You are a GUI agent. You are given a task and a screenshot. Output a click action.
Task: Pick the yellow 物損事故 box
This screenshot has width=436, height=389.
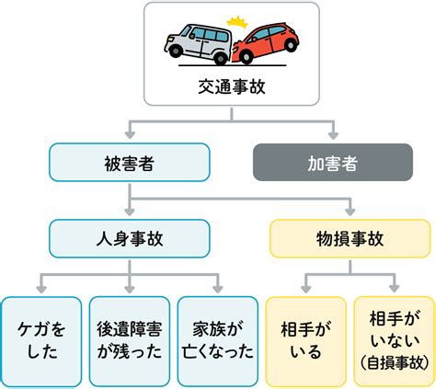[350, 238]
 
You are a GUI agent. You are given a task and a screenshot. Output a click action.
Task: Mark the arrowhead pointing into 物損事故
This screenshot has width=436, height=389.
[350, 212]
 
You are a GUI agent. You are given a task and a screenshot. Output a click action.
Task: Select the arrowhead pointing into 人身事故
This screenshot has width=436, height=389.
[129, 212]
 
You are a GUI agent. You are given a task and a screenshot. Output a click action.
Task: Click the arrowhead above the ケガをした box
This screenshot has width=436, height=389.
[40, 287]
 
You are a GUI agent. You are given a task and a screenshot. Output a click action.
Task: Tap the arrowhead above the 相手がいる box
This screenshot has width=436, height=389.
[305, 287]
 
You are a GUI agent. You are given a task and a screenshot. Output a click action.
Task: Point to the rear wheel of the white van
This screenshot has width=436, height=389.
[177, 58]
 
